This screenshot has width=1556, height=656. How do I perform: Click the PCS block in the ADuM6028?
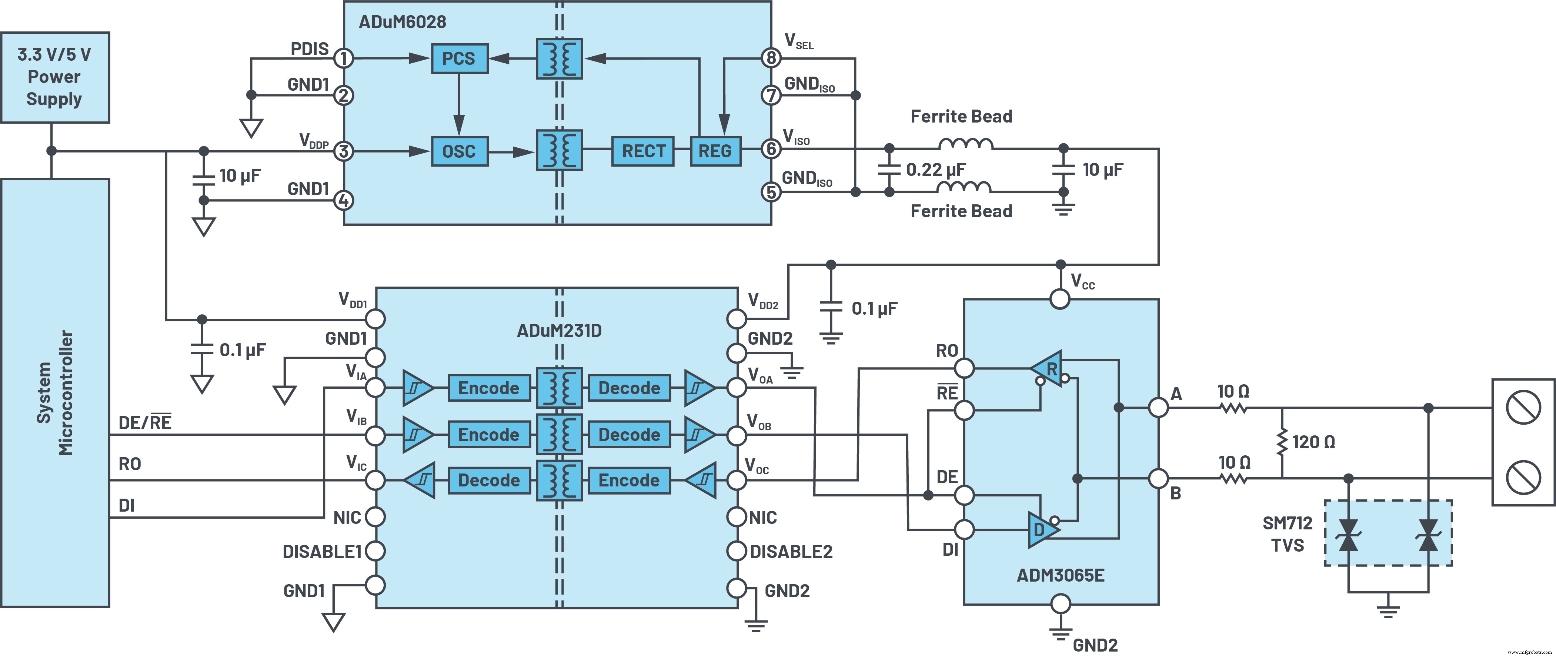click(x=459, y=58)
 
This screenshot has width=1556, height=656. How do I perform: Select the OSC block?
click(x=459, y=151)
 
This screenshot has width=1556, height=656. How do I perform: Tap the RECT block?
click(x=643, y=151)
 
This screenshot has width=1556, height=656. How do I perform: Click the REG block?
click(x=715, y=151)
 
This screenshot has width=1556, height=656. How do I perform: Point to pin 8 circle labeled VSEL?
click(x=771, y=58)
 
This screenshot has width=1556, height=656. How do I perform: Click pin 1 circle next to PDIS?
click(x=344, y=58)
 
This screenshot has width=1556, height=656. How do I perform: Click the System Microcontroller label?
click(x=55, y=393)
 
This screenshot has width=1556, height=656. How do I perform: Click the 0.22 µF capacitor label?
click(x=936, y=170)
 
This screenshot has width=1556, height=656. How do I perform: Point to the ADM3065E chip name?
click(x=1060, y=575)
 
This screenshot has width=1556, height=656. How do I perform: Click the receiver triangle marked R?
click(x=1048, y=368)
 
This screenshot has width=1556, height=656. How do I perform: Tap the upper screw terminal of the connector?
click(x=1523, y=408)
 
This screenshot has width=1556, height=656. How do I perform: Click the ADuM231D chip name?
click(x=559, y=331)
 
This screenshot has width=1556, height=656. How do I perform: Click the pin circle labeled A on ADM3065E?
click(x=1158, y=408)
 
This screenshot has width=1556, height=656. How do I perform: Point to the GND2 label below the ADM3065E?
click(x=1095, y=645)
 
